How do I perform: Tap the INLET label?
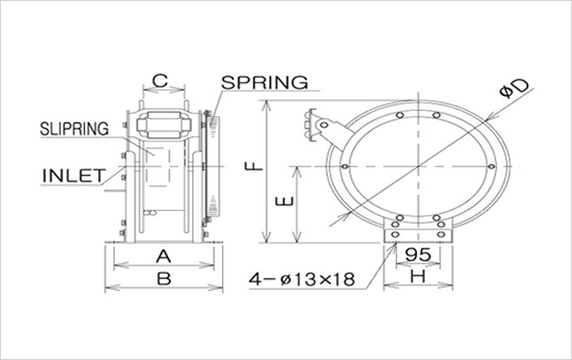pyautogui.click(x=72, y=175)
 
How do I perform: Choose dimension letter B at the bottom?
pyautogui.click(x=164, y=279)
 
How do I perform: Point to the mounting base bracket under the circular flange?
pyautogui.click(x=421, y=235)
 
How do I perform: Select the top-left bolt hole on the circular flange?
pyautogui.click(x=399, y=114)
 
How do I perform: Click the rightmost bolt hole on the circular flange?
pyautogui.click(x=498, y=166)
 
